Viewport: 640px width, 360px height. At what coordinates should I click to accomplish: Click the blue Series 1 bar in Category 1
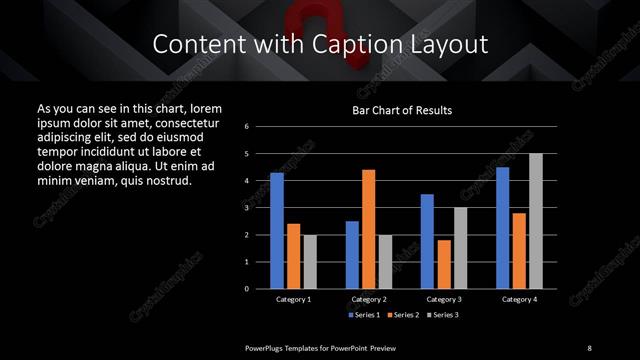tap(277, 230)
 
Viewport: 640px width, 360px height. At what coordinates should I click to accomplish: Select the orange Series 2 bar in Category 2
tap(368, 228)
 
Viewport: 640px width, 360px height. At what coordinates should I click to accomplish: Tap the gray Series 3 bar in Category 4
tap(536, 220)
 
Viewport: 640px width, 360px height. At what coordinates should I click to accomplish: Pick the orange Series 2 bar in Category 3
tap(444, 264)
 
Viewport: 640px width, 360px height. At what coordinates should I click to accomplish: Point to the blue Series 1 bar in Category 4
tap(503, 227)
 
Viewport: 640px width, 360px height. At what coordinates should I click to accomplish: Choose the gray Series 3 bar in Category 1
tap(309, 261)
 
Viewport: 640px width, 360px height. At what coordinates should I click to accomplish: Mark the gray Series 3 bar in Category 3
tap(460, 247)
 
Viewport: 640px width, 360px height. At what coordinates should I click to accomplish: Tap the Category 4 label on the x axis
tap(519, 298)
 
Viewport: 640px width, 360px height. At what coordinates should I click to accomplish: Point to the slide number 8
tap(589, 347)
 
